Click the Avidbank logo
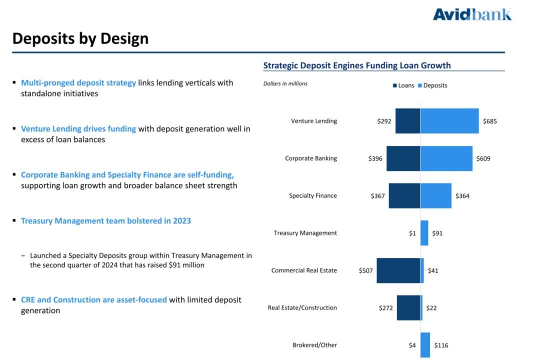pos(472,14)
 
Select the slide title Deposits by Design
pos(80,38)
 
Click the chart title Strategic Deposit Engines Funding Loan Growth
pos(357,65)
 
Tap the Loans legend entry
pos(403,85)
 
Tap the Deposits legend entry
pos(432,85)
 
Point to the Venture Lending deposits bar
pos(449,121)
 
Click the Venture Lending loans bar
pos(407,121)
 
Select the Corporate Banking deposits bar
pos(446,158)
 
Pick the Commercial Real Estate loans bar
pos(398,270)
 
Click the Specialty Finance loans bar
pos(404,195)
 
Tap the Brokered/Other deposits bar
pos(425,345)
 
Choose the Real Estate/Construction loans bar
pos(408,307)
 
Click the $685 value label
pos(490,121)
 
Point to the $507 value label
pos(365,270)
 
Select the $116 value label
pos(441,345)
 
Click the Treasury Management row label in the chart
pos(305,233)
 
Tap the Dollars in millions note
pos(285,83)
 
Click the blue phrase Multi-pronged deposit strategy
pos(78,82)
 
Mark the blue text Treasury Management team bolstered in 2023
pos(106,220)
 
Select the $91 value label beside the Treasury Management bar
pos(437,233)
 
